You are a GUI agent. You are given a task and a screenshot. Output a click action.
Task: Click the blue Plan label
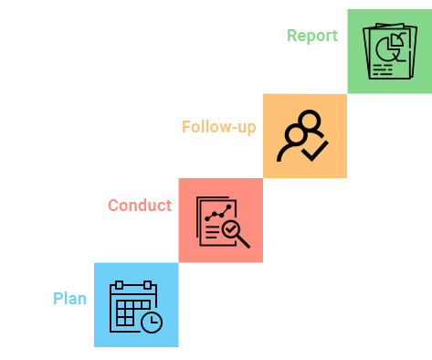(70, 299)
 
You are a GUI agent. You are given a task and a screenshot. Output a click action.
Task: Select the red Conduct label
(140, 206)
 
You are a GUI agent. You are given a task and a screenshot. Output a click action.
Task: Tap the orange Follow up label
(219, 127)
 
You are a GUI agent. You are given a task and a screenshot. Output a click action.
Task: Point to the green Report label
(312, 37)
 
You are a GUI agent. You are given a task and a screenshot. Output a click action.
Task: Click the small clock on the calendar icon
(152, 322)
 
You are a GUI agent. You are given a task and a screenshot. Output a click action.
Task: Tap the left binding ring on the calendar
(119, 285)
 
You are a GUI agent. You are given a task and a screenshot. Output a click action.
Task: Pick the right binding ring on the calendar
(148, 285)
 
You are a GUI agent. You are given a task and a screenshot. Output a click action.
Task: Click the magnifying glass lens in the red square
(231, 228)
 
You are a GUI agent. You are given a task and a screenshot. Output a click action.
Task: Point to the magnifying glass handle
(243, 242)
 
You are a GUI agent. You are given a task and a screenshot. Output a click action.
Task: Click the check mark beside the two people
(315, 150)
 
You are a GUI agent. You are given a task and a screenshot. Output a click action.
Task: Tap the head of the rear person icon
(310, 121)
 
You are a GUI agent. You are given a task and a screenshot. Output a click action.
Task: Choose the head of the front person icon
(295, 135)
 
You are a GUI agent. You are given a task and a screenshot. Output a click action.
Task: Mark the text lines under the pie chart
(383, 69)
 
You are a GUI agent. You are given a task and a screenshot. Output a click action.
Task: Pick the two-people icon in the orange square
(302, 136)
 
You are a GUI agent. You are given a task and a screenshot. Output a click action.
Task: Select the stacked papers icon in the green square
(390, 52)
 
